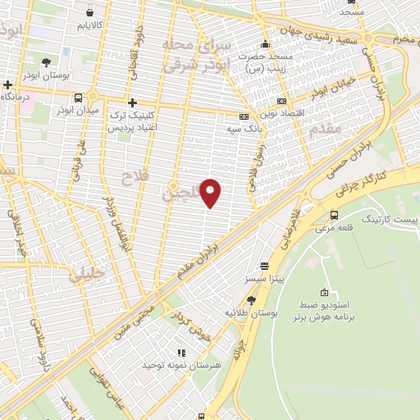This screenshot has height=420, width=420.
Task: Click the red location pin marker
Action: pyautogui.click(x=211, y=193)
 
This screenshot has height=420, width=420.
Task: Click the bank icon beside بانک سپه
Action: pyautogui.click(x=244, y=116)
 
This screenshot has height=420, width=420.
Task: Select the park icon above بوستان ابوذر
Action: pyautogui.click(x=46, y=62)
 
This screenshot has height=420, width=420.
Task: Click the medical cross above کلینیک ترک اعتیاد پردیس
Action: pyautogui.click(x=131, y=103)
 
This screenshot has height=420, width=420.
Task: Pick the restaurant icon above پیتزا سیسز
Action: pyautogui.click(x=264, y=266)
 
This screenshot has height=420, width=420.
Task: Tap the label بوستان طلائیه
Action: pyautogui.click(x=249, y=313)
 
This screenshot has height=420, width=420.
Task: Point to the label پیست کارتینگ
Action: pyautogui.click(x=390, y=221)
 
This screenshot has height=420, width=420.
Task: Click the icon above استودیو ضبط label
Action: pyautogui.click(x=325, y=293)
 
